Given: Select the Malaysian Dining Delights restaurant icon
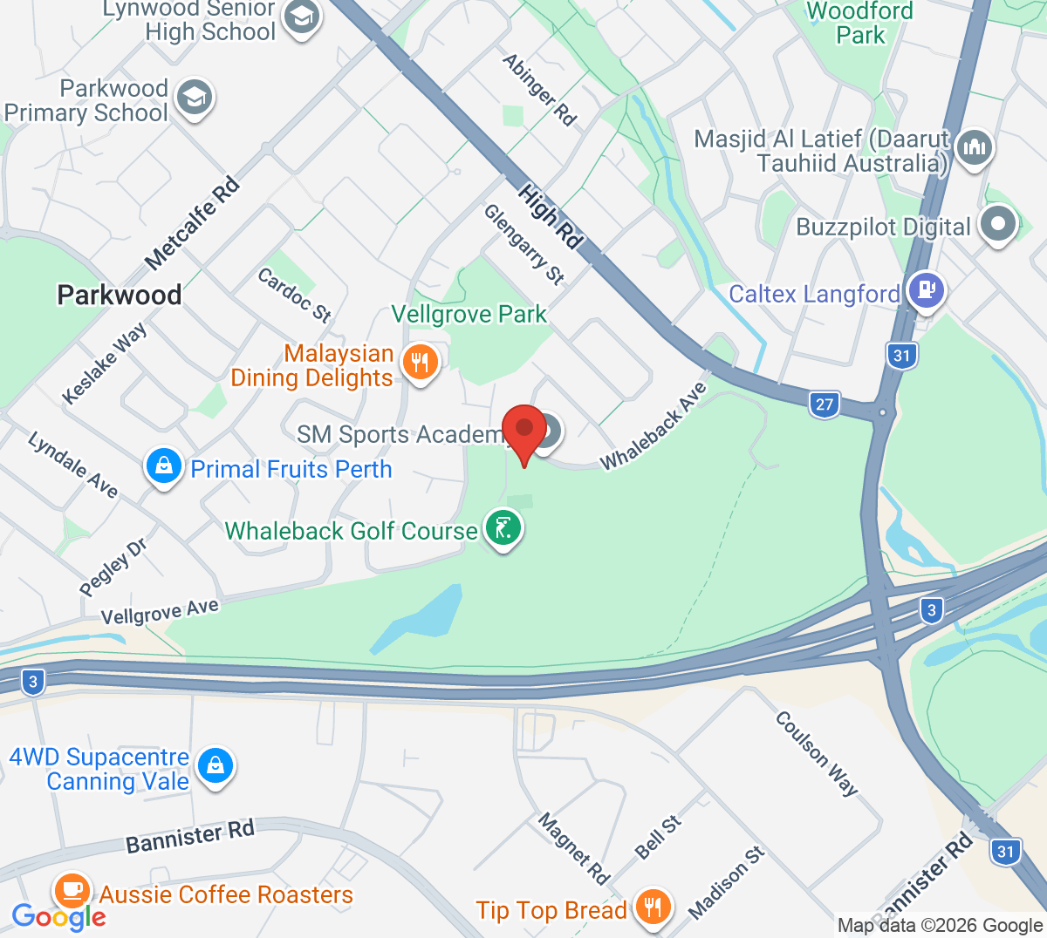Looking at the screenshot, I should [421, 364].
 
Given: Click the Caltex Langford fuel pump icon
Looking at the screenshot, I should [926, 291].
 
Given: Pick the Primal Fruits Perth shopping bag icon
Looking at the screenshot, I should [163, 467].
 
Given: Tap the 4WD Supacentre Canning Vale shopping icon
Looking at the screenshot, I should [215, 767].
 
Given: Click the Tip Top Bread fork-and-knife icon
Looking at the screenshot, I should [651, 908].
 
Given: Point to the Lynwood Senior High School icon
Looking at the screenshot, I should [302, 17].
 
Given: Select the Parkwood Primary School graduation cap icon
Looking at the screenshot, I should [194, 99].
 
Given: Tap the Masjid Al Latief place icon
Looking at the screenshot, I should [974, 148].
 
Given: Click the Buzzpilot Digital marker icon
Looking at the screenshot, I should [998, 225].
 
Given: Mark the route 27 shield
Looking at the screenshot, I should [825, 404].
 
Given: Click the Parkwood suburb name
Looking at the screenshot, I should [120, 295].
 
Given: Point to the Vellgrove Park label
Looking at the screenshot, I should [469, 314].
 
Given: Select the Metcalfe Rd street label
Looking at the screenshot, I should [192, 223].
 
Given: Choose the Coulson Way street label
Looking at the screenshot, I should [817, 753].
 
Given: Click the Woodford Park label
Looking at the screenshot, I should [860, 24].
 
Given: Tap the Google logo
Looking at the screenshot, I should [59, 916].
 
